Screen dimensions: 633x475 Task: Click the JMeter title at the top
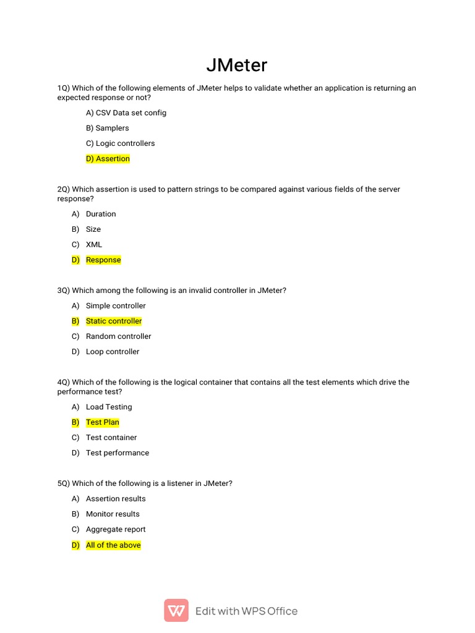pyautogui.click(x=237, y=66)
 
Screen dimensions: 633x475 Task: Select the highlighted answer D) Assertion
pyautogui.click(x=108, y=159)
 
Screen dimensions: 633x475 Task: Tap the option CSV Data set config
pyautogui.click(x=126, y=113)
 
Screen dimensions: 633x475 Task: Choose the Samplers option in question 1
pyautogui.click(x=108, y=128)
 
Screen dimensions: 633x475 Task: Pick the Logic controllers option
pyautogui.click(x=121, y=143)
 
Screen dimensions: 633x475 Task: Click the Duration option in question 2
pyautogui.click(x=101, y=214)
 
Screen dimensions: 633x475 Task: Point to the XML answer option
pyautogui.click(x=94, y=245)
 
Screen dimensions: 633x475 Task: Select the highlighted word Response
pyautogui.click(x=103, y=260)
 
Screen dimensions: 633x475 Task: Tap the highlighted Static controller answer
pyautogui.click(x=114, y=321)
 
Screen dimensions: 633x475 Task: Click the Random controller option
pyautogui.click(x=118, y=336)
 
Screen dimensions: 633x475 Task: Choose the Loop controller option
pyautogui.click(x=113, y=352)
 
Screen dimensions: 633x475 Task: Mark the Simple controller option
pyautogui.click(x=116, y=306)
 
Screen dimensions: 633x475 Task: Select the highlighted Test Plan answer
pyautogui.click(x=103, y=423)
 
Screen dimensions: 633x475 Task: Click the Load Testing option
pyautogui.click(x=109, y=407)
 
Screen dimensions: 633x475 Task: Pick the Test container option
pyautogui.click(x=111, y=438)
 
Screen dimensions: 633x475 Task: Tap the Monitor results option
pyautogui.click(x=113, y=514)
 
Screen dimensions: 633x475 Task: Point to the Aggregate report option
pyautogui.click(x=116, y=530)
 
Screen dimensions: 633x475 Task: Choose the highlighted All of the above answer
pyautogui.click(x=113, y=545)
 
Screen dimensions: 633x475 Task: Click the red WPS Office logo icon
pyautogui.click(x=176, y=611)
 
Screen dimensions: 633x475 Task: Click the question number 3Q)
pyautogui.click(x=64, y=291)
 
